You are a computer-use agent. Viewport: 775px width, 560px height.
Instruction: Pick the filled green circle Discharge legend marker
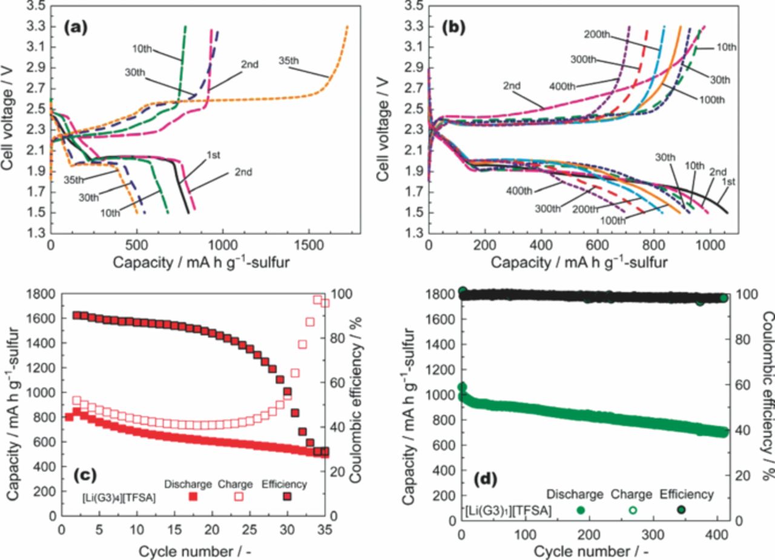click(x=581, y=510)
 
